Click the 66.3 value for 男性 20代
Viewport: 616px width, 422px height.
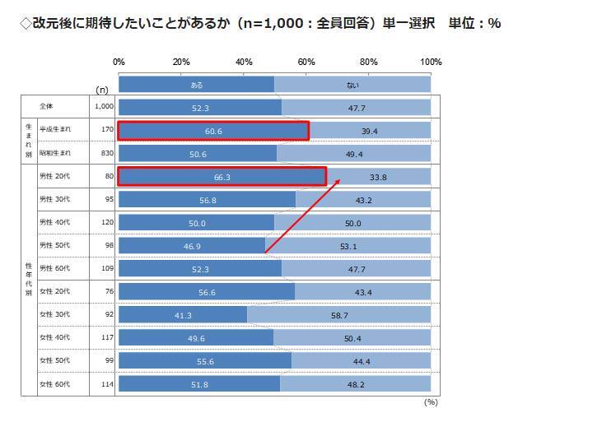[x=222, y=177]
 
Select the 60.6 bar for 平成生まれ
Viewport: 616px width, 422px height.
[x=212, y=131]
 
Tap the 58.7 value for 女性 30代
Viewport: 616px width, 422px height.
[x=338, y=315]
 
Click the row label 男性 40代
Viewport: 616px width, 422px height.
[x=55, y=223]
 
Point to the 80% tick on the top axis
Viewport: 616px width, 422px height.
[x=368, y=63]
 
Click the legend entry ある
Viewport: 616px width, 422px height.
[x=196, y=85]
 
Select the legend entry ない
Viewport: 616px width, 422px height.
[x=352, y=85]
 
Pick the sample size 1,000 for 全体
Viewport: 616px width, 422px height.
[x=103, y=107]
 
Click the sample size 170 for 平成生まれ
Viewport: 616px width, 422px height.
[x=106, y=130]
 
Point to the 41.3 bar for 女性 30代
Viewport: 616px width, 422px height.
[x=183, y=315]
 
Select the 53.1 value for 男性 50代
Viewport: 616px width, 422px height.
[x=348, y=246]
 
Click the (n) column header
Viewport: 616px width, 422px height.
[x=102, y=89]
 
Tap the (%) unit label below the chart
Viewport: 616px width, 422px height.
[x=430, y=402]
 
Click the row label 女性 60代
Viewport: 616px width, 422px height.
[x=55, y=384]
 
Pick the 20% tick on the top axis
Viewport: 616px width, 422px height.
[x=181, y=63]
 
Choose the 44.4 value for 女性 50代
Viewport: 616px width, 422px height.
[x=361, y=361]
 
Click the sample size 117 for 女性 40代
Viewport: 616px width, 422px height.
[x=106, y=338]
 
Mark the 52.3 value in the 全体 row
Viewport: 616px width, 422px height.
[x=199, y=108]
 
